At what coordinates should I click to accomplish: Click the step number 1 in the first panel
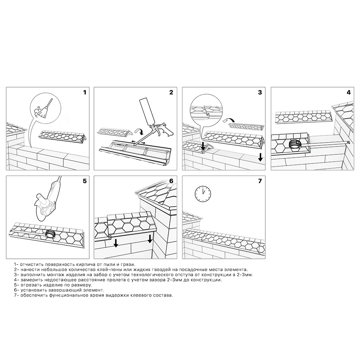click(85, 92)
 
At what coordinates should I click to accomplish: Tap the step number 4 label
click(348, 92)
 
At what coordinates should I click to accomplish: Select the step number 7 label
click(260, 181)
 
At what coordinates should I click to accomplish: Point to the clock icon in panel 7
click(203, 194)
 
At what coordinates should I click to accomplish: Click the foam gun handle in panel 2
click(166, 132)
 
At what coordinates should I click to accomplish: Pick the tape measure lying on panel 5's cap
click(50, 234)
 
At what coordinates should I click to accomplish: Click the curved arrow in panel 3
click(229, 120)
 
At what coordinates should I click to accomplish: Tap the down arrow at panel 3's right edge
click(260, 157)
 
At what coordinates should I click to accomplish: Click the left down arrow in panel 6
click(116, 243)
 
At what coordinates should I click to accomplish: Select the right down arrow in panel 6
click(150, 239)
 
